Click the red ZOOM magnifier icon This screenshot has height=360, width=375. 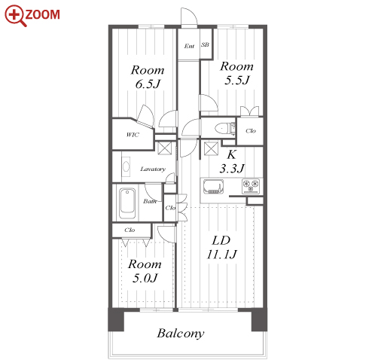click(16, 15)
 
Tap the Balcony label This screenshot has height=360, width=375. click(181, 333)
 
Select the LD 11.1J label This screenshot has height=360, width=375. click(221, 247)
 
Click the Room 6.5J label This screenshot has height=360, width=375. click(148, 77)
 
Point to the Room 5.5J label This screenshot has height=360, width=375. click(236, 73)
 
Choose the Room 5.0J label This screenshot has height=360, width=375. click(145, 271)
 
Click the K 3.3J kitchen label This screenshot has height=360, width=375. click(231, 161)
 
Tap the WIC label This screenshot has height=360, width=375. click(133, 135)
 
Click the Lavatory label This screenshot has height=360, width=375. click(153, 169)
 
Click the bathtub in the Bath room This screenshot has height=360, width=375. click(127, 203)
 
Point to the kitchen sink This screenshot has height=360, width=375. click(213, 187)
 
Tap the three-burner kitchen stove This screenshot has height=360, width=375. click(251, 186)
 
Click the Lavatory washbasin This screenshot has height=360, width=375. click(126, 166)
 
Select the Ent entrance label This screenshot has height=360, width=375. click(189, 46)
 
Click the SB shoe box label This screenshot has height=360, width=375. click(205, 44)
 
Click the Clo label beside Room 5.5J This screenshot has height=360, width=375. click(251, 131)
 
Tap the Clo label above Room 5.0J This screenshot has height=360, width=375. click(130, 230)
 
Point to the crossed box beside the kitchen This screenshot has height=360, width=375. click(211, 148)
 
